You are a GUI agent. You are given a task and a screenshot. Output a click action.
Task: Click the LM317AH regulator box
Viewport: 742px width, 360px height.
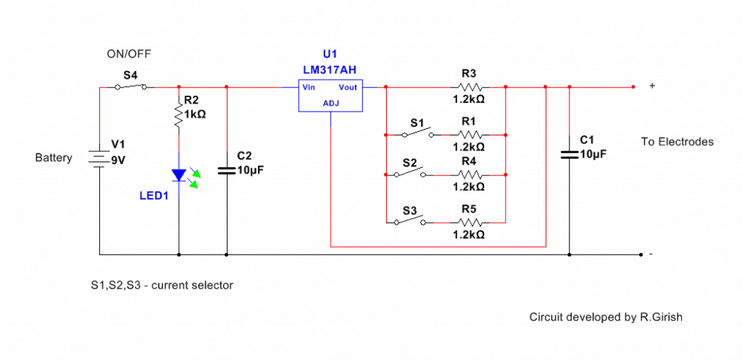tap(330, 96)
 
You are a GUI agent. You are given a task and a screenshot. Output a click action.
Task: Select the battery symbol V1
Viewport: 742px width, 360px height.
tap(99, 158)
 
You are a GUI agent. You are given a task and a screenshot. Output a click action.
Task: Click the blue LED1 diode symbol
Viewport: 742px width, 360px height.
tap(179, 175)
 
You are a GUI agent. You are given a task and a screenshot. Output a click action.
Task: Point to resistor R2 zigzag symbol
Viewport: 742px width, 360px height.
tap(179, 114)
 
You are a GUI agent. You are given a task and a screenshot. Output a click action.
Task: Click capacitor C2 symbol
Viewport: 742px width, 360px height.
tap(227, 170)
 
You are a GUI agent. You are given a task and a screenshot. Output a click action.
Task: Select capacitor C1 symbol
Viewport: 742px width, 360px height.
tap(569, 153)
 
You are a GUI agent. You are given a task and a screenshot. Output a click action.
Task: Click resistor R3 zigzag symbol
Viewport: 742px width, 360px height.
tap(469, 88)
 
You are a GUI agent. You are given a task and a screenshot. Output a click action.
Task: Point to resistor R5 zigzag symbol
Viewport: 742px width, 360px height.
tap(469, 222)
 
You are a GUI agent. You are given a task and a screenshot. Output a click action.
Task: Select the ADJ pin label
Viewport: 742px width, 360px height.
tap(330, 104)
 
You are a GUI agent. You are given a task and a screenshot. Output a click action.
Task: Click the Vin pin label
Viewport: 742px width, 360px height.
tap(309, 88)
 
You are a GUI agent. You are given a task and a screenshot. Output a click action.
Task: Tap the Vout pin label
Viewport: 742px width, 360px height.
tap(349, 88)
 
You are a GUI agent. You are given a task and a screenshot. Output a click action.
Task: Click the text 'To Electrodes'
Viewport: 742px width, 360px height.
tap(677, 142)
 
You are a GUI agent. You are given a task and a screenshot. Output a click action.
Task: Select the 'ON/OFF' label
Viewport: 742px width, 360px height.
tap(129, 54)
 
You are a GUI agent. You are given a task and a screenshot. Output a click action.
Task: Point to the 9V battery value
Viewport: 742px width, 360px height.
tap(117, 161)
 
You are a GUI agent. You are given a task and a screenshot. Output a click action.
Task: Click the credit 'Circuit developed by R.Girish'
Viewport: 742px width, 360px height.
tap(606, 317)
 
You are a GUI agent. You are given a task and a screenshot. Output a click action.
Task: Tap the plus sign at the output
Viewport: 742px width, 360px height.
tap(652, 86)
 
